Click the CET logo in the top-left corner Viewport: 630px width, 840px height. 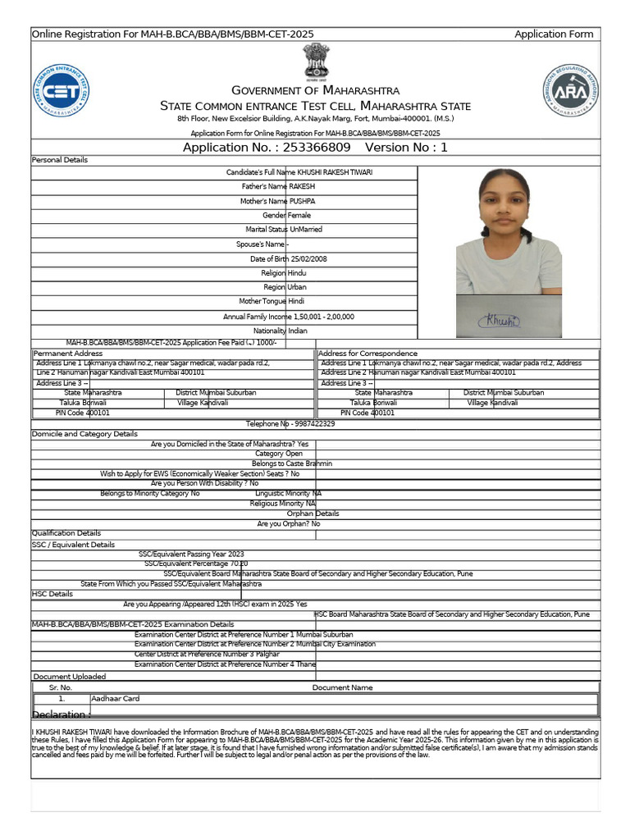pos(62,90)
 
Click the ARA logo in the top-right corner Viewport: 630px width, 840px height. pos(571,90)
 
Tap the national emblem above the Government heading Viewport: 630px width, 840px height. pos(316,62)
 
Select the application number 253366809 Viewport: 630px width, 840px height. pos(316,148)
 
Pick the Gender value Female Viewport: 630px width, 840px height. pos(299,215)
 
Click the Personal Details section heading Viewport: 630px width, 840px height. pos(59,159)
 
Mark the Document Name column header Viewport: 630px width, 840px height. pos(342,687)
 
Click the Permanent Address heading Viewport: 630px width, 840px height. pos(67,353)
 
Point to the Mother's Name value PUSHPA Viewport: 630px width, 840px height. pos(301,201)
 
